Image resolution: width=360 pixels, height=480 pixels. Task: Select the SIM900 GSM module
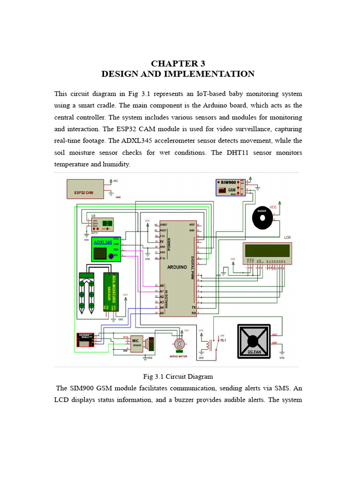(230, 187)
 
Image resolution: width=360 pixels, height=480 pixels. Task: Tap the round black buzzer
(262, 217)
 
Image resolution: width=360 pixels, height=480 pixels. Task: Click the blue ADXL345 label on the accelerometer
(103, 242)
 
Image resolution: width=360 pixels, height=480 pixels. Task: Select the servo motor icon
(179, 344)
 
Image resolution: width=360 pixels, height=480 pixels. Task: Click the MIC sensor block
(136, 343)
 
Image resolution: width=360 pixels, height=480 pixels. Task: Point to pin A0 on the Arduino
(162, 285)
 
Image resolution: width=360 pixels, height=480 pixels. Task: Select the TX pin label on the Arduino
(194, 307)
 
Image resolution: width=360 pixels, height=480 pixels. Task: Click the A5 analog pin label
(162, 313)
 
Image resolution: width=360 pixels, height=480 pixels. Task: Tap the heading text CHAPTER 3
(178, 64)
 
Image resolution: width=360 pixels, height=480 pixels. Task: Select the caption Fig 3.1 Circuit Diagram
(178, 376)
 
